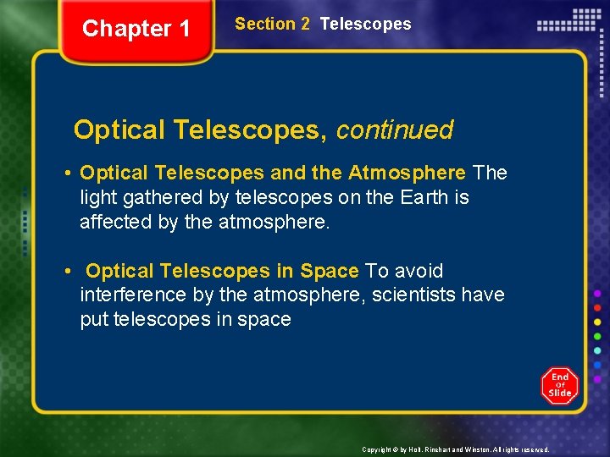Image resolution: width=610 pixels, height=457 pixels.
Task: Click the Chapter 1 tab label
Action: pyautogui.click(x=136, y=29)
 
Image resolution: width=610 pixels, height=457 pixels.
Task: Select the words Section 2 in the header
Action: pyautogui.click(x=272, y=25)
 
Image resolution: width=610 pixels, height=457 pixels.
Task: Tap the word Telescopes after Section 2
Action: pyautogui.click(x=365, y=25)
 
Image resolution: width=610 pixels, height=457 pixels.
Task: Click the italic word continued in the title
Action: pyautogui.click(x=395, y=129)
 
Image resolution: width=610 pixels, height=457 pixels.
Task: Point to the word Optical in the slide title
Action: pyautogui.click(x=119, y=129)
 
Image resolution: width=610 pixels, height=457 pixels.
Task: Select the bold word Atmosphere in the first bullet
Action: pyautogui.click(x=407, y=173)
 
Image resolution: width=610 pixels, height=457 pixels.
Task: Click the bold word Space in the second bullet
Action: pyautogui.click(x=329, y=272)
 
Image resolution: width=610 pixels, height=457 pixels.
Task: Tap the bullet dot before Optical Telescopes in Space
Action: pyautogui.click(x=66, y=272)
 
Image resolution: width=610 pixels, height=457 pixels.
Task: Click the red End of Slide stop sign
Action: pyautogui.click(x=559, y=386)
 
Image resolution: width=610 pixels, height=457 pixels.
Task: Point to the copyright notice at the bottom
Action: pyautogui.click(x=456, y=449)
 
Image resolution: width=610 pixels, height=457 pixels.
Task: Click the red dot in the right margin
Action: pyautogui.click(x=598, y=307)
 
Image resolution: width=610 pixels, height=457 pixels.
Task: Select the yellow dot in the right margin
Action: pyautogui.click(x=598, y=322)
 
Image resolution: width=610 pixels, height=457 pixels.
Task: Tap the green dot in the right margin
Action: pyautogui.click(x=598, y=336)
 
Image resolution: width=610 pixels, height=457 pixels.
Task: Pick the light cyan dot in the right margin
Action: pyautogui.click(x=598, y=350)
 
